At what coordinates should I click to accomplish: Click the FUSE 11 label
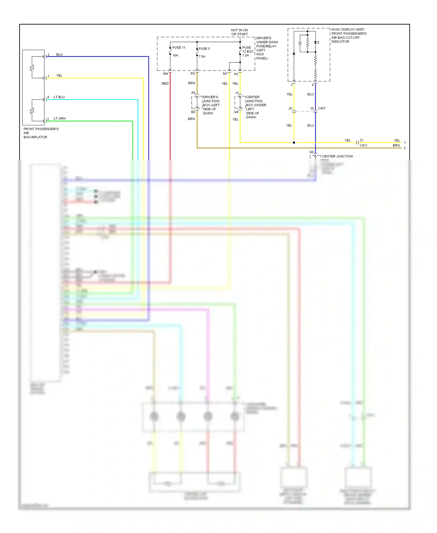pos(179,48)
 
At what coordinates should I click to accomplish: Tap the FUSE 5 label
pos(204,49)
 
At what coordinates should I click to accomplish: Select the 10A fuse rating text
pos(175,55)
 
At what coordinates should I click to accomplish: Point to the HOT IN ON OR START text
pos(239,32)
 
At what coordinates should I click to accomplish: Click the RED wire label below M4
pos(165,84)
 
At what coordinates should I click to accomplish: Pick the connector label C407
pos(322,108)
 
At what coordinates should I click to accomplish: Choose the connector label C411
pos(363,145)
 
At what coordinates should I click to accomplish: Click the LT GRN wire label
pos(59,118)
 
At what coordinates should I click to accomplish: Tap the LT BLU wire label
pos(59,97)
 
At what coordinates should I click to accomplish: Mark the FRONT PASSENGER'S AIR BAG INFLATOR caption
pos(41,133)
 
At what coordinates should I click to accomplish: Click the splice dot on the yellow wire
pos(294,143)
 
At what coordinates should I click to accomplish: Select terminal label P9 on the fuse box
pos(192,74)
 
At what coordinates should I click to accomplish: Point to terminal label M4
pos(165,74)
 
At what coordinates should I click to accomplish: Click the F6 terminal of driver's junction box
pos(193,93)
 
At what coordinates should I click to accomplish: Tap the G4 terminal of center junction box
pos(236,112)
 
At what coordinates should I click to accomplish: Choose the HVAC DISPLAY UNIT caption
pos(349,35)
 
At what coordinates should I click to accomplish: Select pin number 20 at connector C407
pos(290,108)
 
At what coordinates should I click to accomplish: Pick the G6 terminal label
pos(311,152)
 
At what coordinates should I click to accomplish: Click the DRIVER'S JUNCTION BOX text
pos(211,105)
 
